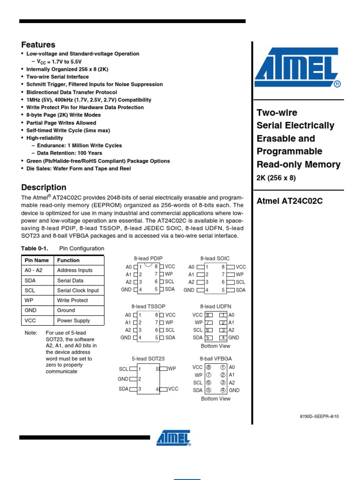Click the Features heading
tap(38, 45)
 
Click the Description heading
tap(44, 187)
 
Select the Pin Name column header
tap(37, 260)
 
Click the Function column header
tap(68, 260)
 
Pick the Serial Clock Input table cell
tap(78, 291)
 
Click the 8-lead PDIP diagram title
tap(148, 258)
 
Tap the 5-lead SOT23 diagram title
tap(148, 359)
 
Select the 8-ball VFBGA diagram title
tap(216, 359)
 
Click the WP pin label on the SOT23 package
tap(172, 369)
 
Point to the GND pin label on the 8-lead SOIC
tap(189, 290)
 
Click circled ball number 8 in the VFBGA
tap(209, 367)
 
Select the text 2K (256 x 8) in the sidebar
tap(276, 178)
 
